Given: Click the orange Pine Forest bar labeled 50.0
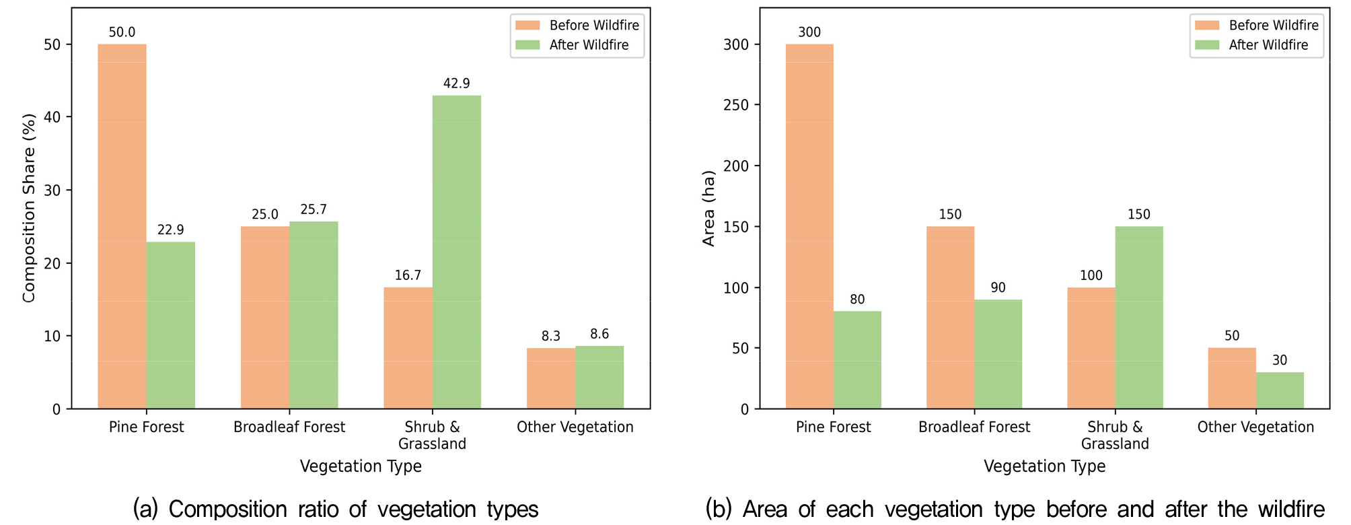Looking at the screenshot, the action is (x=122, y=226).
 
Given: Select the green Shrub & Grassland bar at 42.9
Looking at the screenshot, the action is (x=457, y=252).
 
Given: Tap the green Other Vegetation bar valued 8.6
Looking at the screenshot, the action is (x=599, y=377).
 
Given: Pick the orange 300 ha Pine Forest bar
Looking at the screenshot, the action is (x=809, y=226).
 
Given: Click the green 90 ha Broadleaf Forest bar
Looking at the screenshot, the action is (x=998, y=354).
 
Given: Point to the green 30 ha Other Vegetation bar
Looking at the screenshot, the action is (x=1280, y=390).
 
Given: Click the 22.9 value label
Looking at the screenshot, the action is (x=171, y=230).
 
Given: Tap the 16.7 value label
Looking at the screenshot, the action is (x=408, y=275).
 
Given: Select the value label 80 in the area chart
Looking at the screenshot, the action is (x=857, y=300).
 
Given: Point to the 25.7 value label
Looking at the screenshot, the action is (x=314, y=209).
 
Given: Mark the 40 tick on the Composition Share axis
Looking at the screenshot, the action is (x=52, y=117).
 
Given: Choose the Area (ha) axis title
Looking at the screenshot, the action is (x=708, y=209).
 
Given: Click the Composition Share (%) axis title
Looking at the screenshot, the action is (x=28, y=209).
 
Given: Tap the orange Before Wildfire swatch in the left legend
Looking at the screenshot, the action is (x=528, y=26).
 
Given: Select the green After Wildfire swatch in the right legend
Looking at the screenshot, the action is (x=1208, y=45).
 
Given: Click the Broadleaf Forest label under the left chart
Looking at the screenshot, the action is (x=289, y=427).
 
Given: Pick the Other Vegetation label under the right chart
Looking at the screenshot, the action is (x=1255, y=427).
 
